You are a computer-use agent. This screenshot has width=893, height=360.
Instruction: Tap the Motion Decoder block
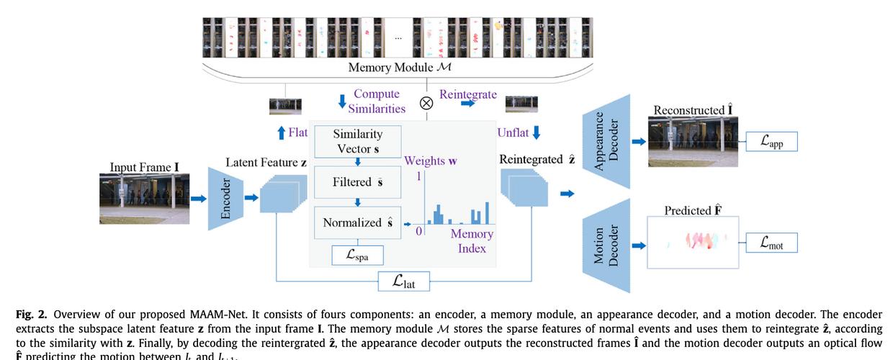coord(607,246)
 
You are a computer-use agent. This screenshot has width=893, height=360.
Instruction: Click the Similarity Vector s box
coord(358,142)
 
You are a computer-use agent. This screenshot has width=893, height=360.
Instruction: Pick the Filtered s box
coord(358,182)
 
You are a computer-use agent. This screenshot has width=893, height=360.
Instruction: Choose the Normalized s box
coord(358,222)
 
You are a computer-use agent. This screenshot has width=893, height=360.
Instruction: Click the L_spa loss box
coord(357,255)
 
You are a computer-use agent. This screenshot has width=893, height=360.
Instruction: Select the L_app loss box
coord(771,142)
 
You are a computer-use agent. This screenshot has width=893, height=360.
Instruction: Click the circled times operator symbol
coord(426,102)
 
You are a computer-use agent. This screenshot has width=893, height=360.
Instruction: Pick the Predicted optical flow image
coord(693,243)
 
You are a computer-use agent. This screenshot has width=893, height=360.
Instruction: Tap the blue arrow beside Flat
coord(281,132)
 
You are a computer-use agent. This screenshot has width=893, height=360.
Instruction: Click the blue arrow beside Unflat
coord(535,132)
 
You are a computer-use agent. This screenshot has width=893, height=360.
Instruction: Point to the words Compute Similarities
coord(377,101)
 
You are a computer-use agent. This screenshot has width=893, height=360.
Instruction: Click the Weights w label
coord(430,161)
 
